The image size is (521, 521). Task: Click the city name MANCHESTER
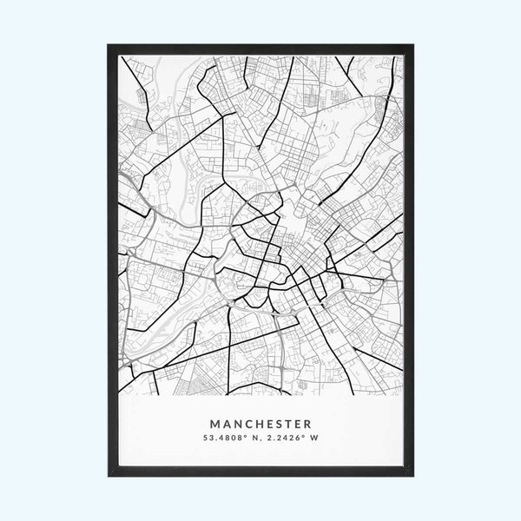pos(260,425)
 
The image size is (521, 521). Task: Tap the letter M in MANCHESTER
pos(214,425)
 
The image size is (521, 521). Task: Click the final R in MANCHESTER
pos(307,425)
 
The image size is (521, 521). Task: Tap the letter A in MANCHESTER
pos(226,425)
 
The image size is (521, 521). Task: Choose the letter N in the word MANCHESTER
pos(236,425)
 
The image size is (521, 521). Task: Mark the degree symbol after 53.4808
pos(245,437)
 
